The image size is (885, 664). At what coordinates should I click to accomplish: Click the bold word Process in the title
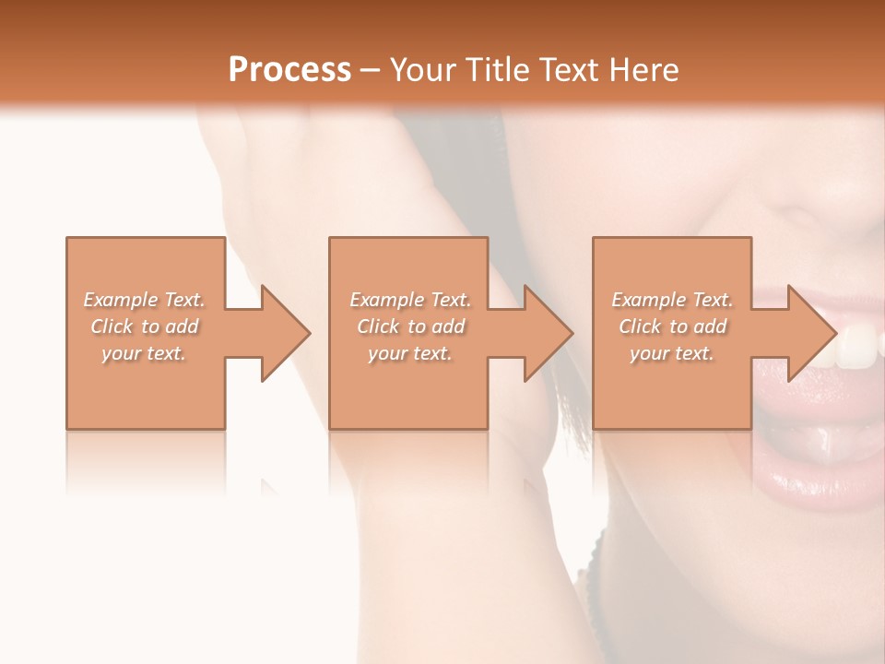coord(289,70)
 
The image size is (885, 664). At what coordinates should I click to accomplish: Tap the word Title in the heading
coord(497,70)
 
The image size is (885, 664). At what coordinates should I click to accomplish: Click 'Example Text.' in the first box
coord(144,300)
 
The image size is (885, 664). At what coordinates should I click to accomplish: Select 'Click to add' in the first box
coord(144,326)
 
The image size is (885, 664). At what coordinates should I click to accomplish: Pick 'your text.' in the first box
coord(144,353)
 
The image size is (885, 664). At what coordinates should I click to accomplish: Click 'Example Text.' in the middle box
coord(410,300)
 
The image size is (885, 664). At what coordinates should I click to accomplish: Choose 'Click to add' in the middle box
coord(410,326)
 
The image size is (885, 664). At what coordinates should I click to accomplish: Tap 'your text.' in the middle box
coord(410,353)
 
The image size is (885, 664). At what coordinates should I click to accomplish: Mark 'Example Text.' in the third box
coord(672,300)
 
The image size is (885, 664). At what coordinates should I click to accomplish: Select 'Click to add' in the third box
coord(672,326)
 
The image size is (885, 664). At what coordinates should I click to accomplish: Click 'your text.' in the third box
coord(672,353)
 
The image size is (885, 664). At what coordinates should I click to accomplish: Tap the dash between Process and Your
coord(370,71)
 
